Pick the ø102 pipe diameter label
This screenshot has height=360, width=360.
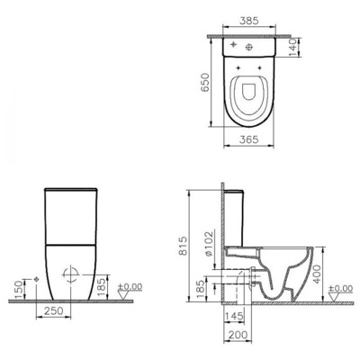(x=210, y=254)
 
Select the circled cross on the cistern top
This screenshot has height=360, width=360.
(x=231, y=43)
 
